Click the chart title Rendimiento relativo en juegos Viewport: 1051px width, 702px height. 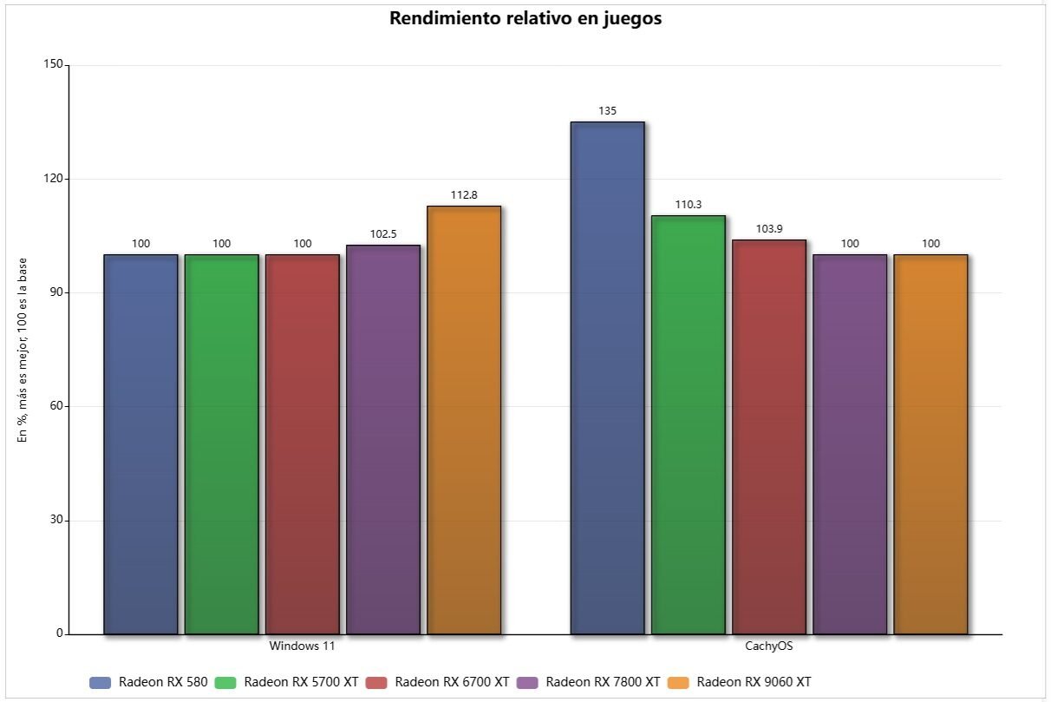525,19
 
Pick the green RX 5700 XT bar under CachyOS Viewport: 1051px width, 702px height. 688,424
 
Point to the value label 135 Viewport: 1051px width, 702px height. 607,111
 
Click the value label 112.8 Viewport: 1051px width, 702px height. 464,195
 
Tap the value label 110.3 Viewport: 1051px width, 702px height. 688,205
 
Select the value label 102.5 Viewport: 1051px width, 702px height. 383,234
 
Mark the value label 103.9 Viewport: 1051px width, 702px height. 769,229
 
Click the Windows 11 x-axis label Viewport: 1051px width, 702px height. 302,646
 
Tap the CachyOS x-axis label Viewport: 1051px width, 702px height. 768,646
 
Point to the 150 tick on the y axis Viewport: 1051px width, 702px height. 53,65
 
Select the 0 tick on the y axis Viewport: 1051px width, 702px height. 59,633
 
